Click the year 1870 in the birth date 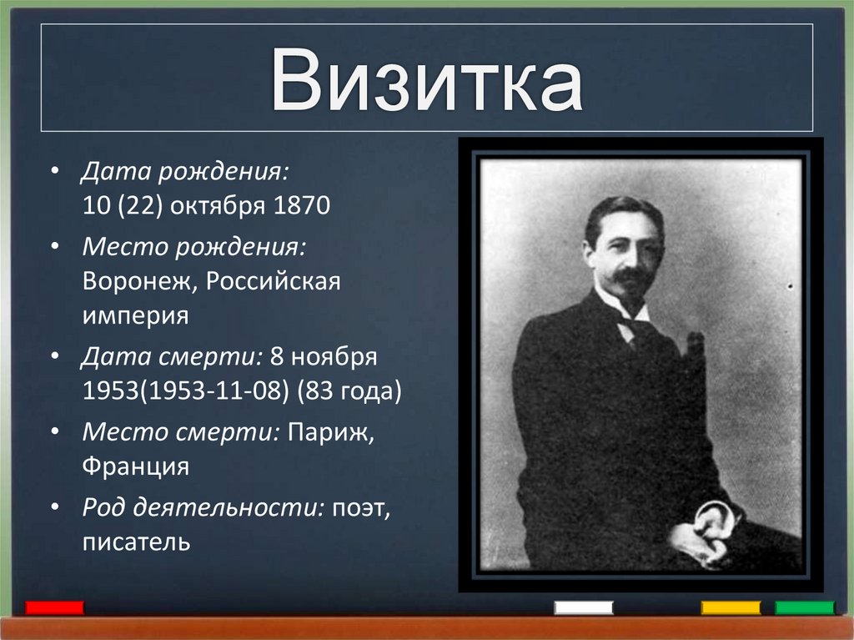[x=303, y=206]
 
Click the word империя [x=135, y=316]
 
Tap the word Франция [x=136, y=466]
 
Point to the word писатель [x=137, y=542]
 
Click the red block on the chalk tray [x=55, y=607]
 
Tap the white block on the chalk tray [x=584, y=607]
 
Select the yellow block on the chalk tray [x=731, y=607]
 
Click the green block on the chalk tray [x=805, y=607]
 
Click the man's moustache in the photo [x=632, y=276]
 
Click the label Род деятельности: [x=203, y=506]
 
